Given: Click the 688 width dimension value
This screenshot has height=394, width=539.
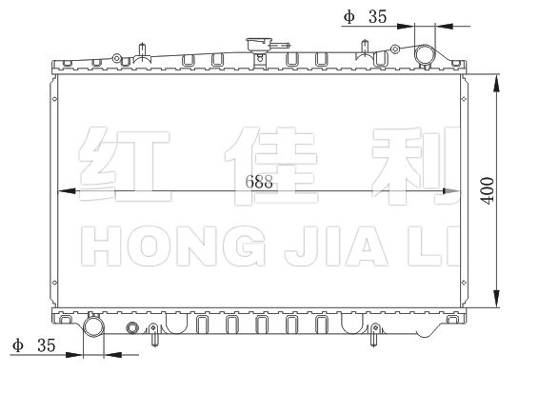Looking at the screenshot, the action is point(259,182).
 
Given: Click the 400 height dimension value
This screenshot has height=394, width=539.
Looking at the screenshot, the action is point(488,190).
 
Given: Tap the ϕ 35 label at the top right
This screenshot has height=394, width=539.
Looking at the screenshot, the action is point(365,16).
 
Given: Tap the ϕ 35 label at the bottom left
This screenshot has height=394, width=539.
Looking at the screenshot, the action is point(33,345).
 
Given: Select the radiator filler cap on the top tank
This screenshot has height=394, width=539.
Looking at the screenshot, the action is point(259,46).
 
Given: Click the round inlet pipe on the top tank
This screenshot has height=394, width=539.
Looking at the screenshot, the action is point(425,55).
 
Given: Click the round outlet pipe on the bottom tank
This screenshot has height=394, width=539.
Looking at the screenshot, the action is point(93,326).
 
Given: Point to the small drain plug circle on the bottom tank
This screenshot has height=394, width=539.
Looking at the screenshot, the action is point(132,328).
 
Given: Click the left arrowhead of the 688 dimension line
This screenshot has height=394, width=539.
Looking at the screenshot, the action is point(67,191).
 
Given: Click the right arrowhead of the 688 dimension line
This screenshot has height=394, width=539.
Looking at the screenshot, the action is point(451,191).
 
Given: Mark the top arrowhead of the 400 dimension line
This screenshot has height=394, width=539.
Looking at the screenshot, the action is point(496,84).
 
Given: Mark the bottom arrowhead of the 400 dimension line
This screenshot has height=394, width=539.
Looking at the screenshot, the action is point(496,299).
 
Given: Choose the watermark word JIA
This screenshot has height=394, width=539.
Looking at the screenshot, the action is point(337,246).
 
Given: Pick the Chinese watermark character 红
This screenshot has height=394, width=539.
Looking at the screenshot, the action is point(125,165).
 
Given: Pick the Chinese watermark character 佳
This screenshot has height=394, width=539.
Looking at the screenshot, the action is point(271,166).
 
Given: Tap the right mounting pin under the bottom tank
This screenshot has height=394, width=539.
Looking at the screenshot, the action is point(374,334).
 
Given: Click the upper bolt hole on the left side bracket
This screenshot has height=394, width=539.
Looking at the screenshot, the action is point(54,99).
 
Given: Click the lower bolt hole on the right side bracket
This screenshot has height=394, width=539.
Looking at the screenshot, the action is point(464,283).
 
